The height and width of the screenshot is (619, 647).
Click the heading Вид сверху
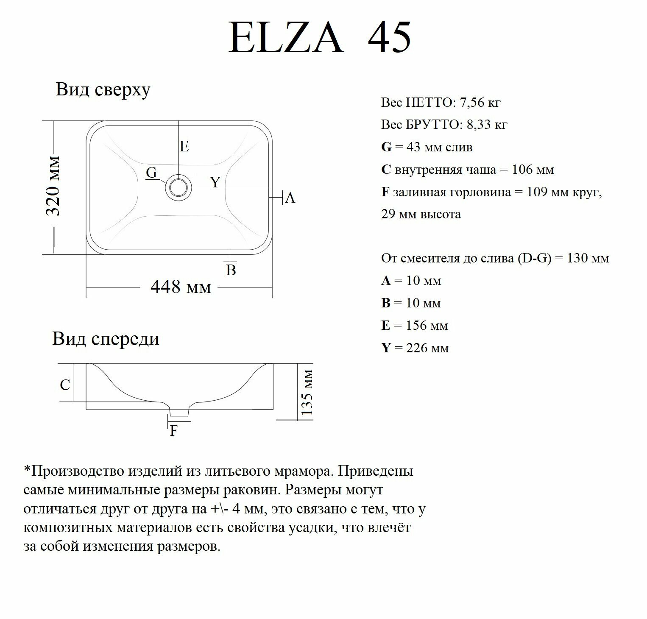[x=103, y=90]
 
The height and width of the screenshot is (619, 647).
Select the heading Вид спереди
[x=106, y=339]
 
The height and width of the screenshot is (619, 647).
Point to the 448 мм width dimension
[x=181, y=287]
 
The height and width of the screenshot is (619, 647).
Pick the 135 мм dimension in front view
[x=306, y=392]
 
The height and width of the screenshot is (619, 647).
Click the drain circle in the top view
[x=178, y=187]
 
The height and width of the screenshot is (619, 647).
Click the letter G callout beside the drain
[x=151, y=173]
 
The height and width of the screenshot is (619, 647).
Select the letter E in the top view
[x=184, y=147]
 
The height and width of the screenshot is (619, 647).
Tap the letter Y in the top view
[x=216, y=182]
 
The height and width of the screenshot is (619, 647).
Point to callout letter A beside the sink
[x=290, y=198]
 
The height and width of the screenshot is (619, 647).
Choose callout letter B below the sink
[x=231, y=270]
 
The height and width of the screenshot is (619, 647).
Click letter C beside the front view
[x=65, y=385]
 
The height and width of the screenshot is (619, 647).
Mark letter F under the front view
[x=173, y=431]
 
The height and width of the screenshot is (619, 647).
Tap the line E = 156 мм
[x=414, y=326]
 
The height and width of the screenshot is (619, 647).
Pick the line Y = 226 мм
[x=415, y=348]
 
